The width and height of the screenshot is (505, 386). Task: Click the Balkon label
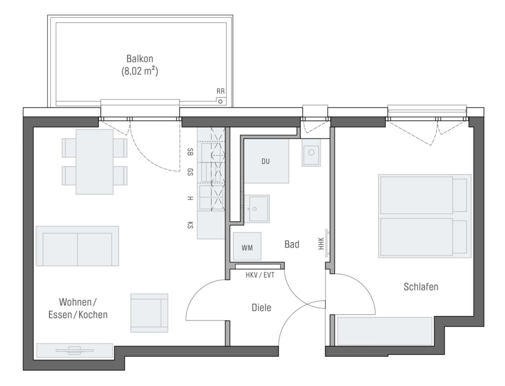coord(140,59)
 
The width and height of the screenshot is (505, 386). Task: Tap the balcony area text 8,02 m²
coord(140,71)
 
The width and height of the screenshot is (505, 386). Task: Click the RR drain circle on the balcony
coord(220,101)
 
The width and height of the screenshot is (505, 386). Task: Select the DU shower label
coord(265,161)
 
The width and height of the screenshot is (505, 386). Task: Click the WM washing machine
coord(247,246)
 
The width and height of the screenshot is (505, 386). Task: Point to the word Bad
coord(292,245)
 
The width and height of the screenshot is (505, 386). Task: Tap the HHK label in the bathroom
coord(321,244)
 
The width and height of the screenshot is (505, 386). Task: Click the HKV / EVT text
coord(260,275)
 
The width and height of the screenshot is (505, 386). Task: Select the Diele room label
coord(261,308)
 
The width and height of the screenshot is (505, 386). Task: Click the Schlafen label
coord(421,287)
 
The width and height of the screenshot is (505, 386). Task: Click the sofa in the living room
coord(77,246)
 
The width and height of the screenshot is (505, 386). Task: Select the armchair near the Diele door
coord(149,313)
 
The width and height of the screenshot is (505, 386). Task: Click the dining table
coord(94,162)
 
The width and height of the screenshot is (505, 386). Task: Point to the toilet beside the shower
coord(311,153)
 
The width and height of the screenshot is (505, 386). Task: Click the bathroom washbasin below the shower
coord(257,209)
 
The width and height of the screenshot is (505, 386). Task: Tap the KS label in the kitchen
coord(190,225)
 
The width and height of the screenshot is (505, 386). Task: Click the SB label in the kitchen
coord(190,152)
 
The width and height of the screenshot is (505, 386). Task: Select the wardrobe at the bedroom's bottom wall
coord(385,331)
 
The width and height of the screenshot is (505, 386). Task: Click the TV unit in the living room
coord(75,351)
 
